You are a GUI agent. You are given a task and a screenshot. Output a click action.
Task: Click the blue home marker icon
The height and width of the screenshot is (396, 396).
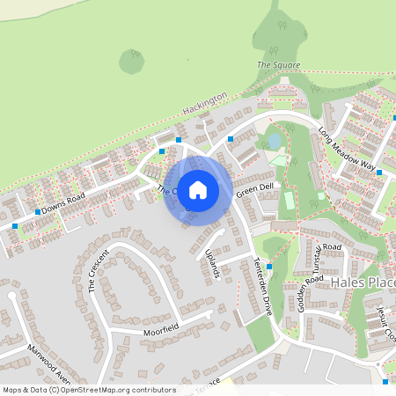(198, 189)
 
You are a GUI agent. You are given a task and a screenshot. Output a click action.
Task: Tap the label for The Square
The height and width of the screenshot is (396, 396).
(278, 65)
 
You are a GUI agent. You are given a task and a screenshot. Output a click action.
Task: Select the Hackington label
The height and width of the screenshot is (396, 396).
(205, 104)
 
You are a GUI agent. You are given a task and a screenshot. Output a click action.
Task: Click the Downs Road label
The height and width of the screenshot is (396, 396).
(64, 202)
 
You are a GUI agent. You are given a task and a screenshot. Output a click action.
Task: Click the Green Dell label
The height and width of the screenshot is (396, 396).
(255, 187)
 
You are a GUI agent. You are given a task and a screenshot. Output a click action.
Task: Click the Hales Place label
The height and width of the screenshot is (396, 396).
(364, 282)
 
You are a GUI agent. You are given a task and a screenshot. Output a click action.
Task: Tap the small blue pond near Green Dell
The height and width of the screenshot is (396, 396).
(274, 140)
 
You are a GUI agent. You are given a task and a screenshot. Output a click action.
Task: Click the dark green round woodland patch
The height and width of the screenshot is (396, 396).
(132, 61)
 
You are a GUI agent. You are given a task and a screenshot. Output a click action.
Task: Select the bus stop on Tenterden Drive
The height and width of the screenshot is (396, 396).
(269, 266)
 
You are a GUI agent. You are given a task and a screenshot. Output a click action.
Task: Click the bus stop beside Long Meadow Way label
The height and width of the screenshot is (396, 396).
(379, 172)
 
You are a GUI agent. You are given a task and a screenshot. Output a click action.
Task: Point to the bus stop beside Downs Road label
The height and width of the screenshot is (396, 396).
(37, 212)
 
